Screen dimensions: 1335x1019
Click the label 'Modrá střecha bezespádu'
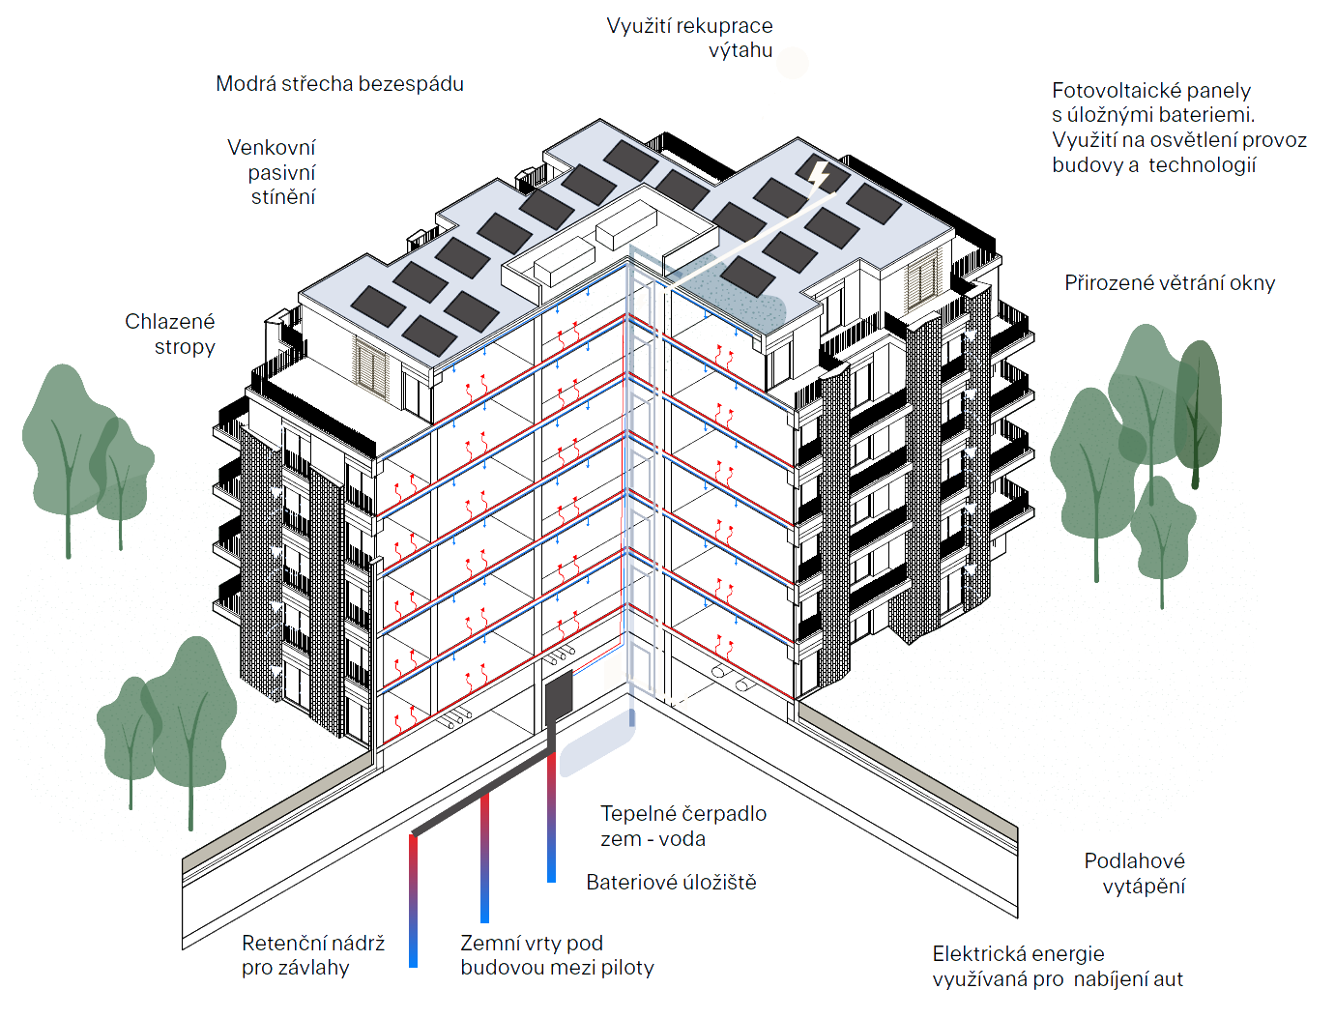(339, 84)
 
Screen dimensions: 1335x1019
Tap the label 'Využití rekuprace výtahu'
(689, 38)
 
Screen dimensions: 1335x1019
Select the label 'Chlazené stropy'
(170, 334)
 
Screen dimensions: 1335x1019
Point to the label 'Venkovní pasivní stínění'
(272, 172)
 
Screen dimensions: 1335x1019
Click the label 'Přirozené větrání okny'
(1170, 283)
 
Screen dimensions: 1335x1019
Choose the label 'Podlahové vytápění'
(1134, 873)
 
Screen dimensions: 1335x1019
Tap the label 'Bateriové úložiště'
(671, 883)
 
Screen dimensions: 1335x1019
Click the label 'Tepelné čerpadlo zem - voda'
(683, 827)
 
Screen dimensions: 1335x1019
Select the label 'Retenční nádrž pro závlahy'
(313, 955)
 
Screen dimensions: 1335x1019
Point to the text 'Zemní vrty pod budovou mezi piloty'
(557, 955)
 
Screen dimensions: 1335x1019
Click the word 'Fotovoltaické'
(1117, 91)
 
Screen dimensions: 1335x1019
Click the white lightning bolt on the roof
(818, 174)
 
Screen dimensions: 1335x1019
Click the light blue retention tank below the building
(596, 745)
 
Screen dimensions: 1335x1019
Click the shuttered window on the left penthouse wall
(370, 367)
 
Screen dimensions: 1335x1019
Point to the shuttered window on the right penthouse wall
(921, 282)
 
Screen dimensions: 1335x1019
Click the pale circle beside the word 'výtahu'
(792, 62)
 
